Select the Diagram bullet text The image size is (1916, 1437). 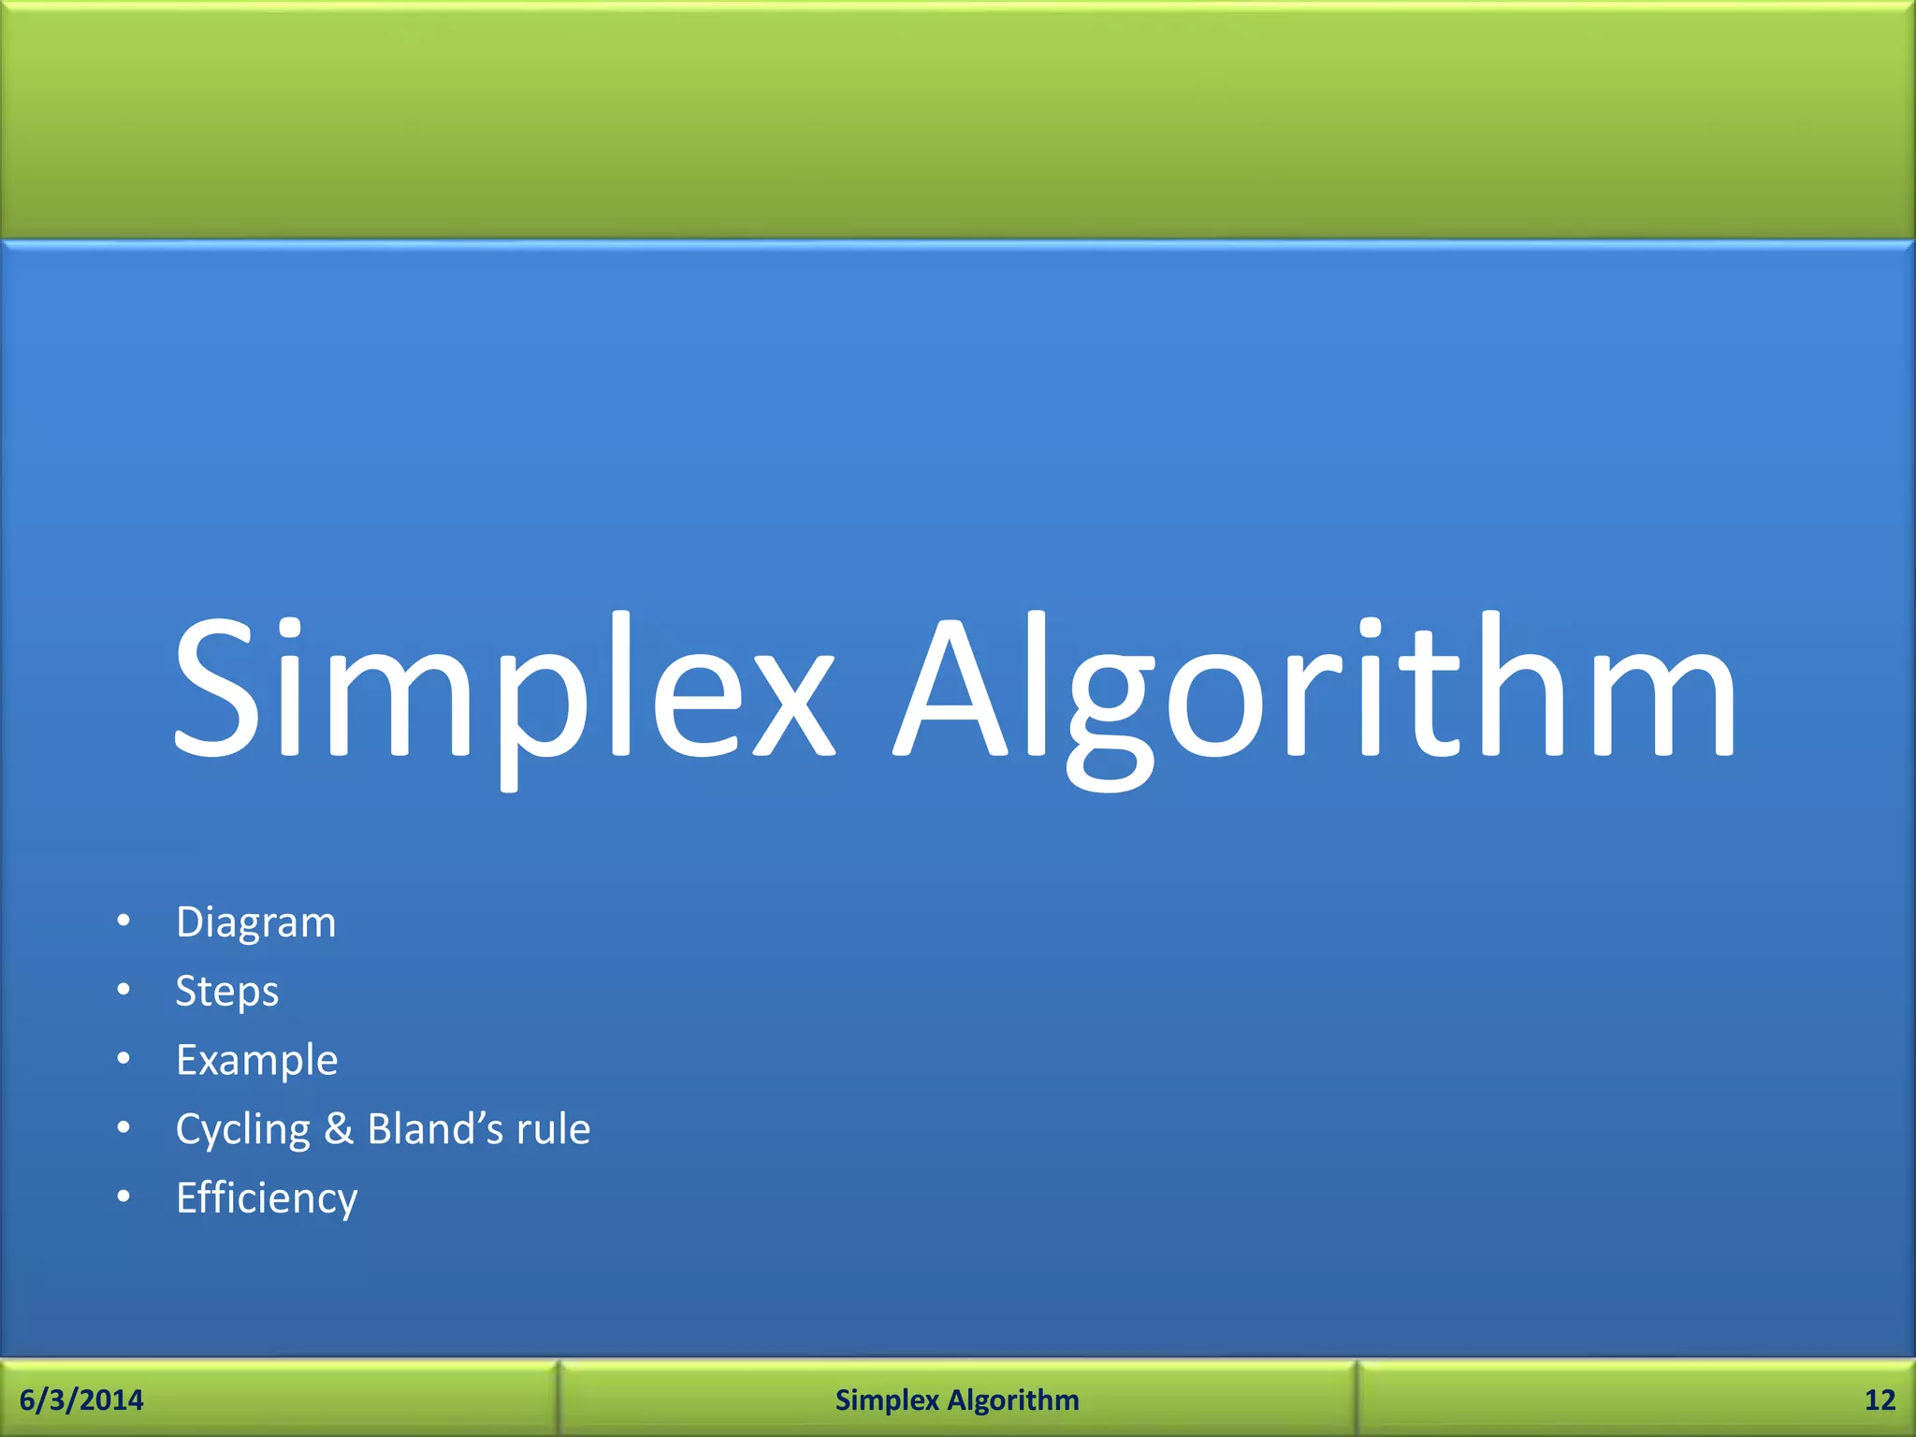[x=255, y=922]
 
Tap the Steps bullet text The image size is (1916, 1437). [x=227, y=992]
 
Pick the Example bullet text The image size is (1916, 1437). [x=256, y=1061]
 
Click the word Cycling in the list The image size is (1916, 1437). [x=242, y=1130]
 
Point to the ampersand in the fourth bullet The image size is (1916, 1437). [x=339, y=1128]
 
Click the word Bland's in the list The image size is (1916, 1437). [x=435, y=1128]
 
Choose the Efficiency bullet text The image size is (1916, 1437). [x=267, y=1198]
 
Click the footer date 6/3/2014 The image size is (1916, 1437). [x=81, y=1400]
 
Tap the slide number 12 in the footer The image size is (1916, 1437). [x=1880, y=1400]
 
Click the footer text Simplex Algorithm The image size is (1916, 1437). [x=957, y=1400]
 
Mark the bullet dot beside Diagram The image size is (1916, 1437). [x=123, y=922]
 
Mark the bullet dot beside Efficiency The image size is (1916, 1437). [x=123, y=1197]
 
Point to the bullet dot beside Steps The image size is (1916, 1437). [x=123, y=990]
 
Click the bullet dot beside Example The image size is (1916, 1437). [x=123, y=1059]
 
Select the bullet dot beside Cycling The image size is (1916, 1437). [x=123, y=1127]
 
